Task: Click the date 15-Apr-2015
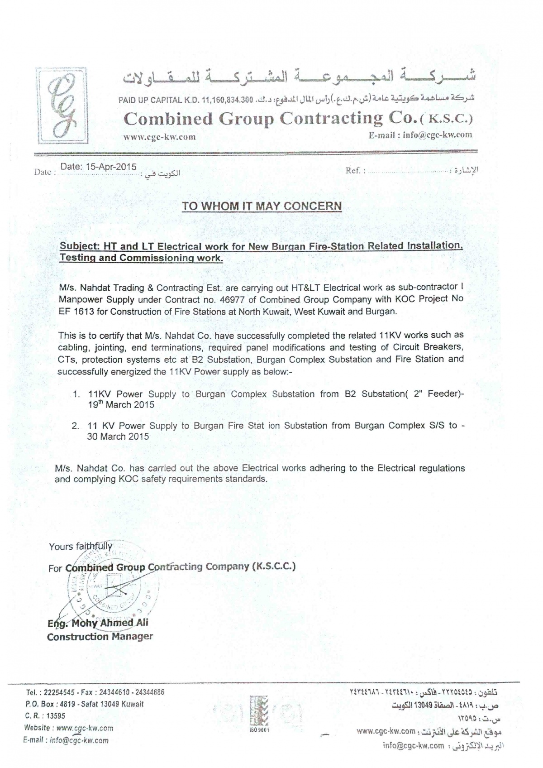pos(98,166)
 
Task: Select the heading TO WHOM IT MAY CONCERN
pos(262,206)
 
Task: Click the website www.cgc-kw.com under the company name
pos(160,137)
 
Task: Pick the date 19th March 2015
pos(121,405)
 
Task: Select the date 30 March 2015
pos(118,437)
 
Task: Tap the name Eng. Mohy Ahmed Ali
pos(98,623)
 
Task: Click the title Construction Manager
pos(100,637)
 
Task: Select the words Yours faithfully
pos(81,546)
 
